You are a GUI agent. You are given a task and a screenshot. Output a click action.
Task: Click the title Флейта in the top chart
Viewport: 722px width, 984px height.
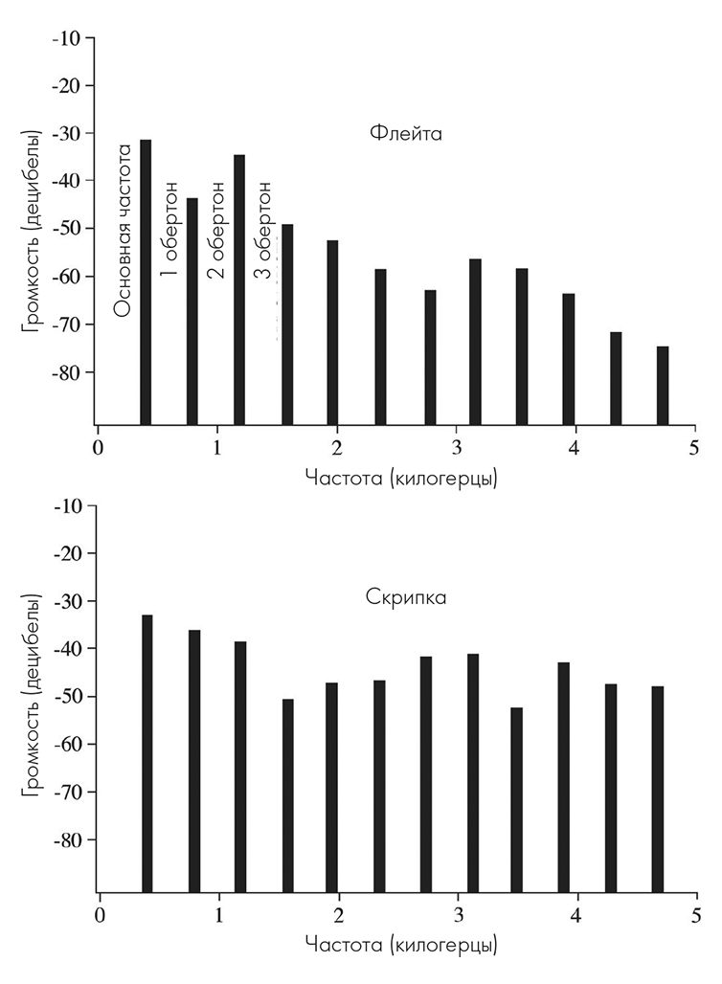point(405,133)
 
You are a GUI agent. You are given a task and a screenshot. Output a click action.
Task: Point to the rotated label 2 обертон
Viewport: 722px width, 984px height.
point(215,228)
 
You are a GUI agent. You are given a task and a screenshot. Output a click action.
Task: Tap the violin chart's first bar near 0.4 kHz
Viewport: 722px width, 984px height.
point(147,752)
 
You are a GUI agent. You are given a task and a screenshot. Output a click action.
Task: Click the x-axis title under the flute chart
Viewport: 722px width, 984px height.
point(400,477)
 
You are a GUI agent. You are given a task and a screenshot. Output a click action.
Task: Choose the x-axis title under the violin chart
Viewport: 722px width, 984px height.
point(400,945)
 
